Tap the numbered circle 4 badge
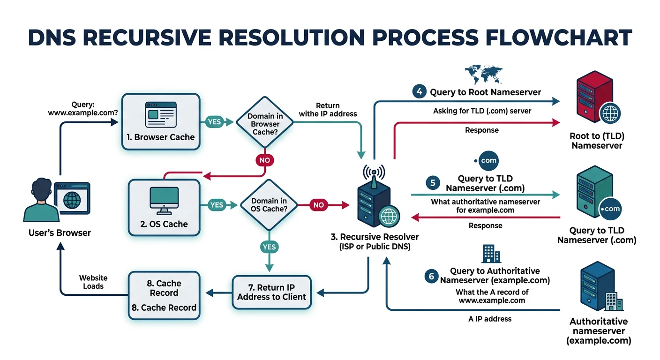[x=419, y=91]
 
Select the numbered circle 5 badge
[x=433, y=183]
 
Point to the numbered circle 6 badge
[x=431, y=276]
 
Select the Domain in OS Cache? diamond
[x=269, y=205]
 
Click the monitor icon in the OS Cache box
[x=164, y=201]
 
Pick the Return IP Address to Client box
[x=271, y=292]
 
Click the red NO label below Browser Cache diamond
[x=265, y=160]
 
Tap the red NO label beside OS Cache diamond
[x=318, y=205]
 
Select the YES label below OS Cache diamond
[x=269, y=247]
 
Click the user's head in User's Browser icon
[x=41, y=190]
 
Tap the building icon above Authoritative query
[x=491, y=255]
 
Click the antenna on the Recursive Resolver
[x=373, y=172]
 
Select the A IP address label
[x=490, y=319]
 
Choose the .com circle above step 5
[x=486, y=160]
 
